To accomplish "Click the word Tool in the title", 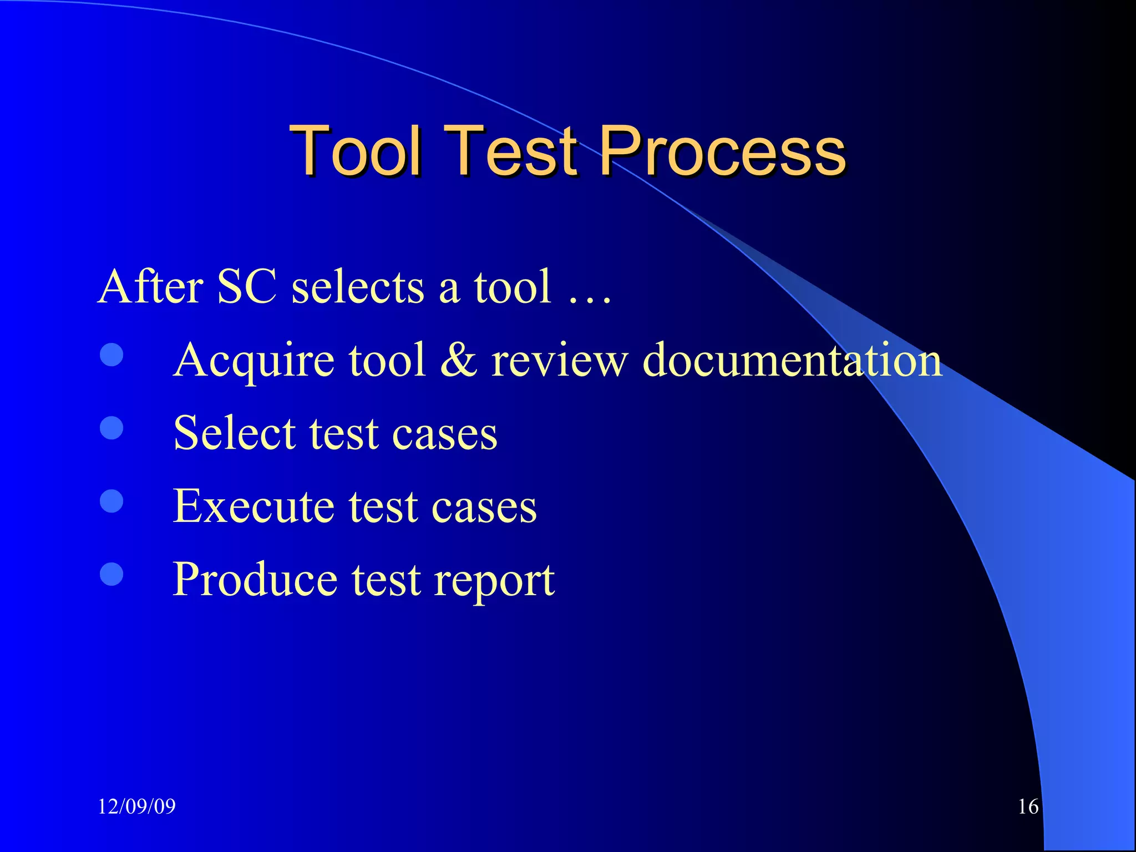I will [354, 151].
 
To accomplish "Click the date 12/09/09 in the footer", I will [136, 806].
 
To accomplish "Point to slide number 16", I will [1028, 807].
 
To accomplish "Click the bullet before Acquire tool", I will [111, 355].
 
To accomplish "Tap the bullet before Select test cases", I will [111, 428].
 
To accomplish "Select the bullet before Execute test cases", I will [111, 501].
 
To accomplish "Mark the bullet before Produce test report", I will [111, 575].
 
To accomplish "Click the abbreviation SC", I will [246, 287].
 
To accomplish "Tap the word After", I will [150, 287].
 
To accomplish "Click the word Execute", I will [253, 506].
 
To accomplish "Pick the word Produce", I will [255, 580].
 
